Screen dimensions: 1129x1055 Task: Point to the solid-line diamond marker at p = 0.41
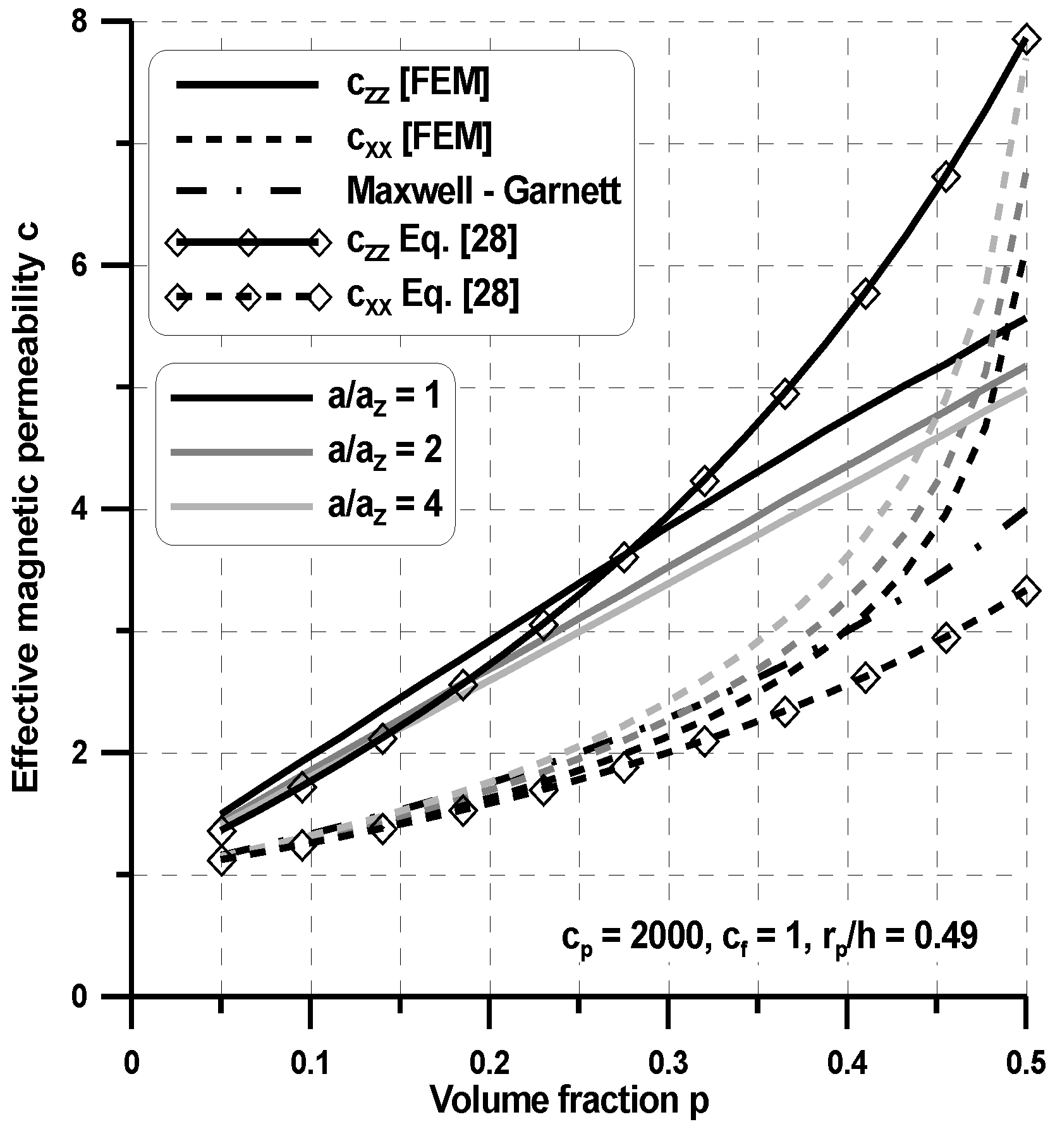[x=865, y=294]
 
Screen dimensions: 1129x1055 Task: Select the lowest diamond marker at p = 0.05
[x=222, y=861]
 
